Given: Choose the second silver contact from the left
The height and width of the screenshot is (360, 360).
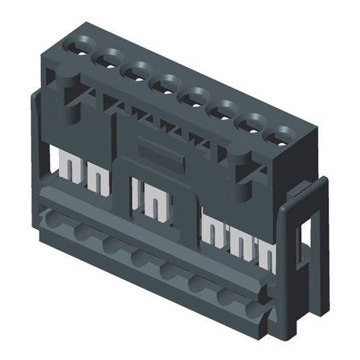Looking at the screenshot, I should coord(96,178).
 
